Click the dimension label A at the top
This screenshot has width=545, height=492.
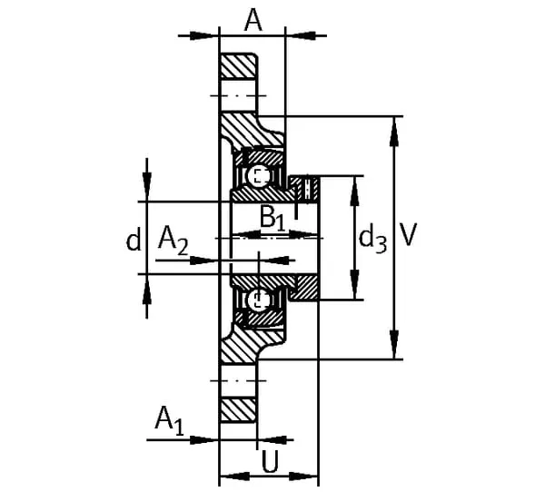(253, 20)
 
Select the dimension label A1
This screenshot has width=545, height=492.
(169, 421)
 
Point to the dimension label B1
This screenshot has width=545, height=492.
(272, 219)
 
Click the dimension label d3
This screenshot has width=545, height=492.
(372, 239)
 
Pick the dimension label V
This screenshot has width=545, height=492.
(408, 235)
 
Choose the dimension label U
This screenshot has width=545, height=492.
(270, 462)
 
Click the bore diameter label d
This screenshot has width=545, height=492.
(134, 239)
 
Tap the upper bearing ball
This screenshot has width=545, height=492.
(258, 176)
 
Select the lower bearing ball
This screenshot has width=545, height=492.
(258, 300)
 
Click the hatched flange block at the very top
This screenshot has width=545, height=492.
(239, 66)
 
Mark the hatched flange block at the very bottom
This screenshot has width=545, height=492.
(238, 410)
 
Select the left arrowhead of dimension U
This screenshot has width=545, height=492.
(235, 476)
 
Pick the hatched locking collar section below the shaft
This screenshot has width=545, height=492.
(305, 288)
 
